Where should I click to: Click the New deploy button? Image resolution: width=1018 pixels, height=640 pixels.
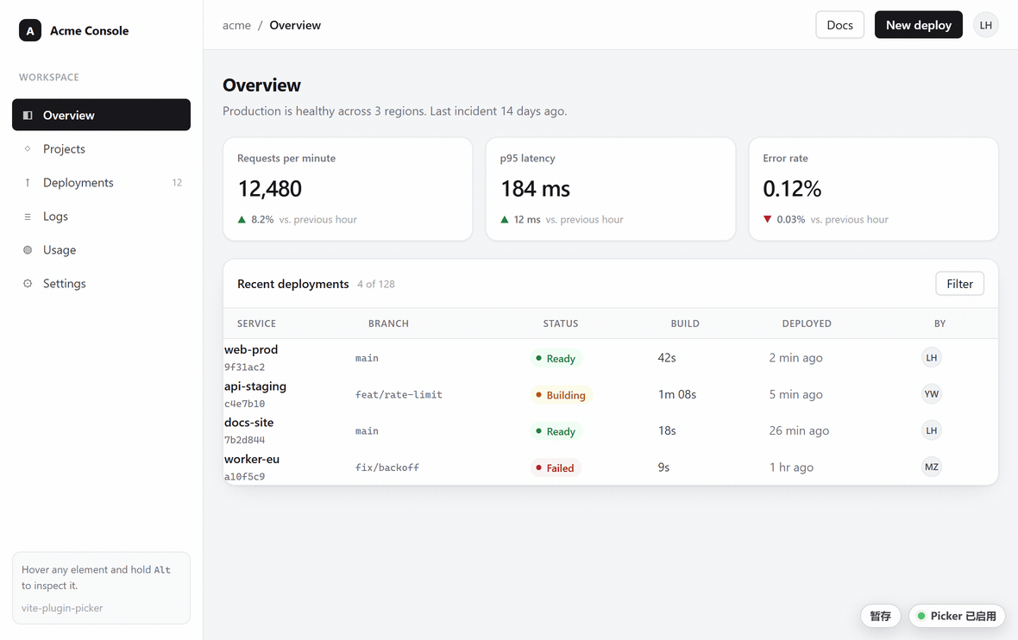918,25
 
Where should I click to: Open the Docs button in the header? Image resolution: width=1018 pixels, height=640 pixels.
839,25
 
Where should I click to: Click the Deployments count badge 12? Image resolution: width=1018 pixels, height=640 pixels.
177,183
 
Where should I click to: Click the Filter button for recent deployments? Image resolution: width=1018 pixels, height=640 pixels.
959,284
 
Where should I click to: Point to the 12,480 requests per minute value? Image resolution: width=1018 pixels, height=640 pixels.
270,189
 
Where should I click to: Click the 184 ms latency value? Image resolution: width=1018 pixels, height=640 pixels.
536,189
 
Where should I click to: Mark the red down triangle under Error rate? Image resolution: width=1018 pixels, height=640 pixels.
768,219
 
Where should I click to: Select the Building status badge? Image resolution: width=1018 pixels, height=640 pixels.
561,395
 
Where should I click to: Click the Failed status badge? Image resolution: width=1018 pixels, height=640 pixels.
555,468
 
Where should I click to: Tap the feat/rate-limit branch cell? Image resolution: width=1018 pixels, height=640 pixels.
399,395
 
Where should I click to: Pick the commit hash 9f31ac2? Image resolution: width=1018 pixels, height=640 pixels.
245,367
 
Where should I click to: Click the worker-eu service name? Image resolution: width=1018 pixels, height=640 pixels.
252,459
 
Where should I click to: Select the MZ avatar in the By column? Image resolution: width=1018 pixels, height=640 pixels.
932,467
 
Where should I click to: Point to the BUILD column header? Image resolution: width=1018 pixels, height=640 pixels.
685,323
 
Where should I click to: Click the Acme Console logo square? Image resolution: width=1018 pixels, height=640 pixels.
30,30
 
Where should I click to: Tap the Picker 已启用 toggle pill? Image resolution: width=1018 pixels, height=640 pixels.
957,616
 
